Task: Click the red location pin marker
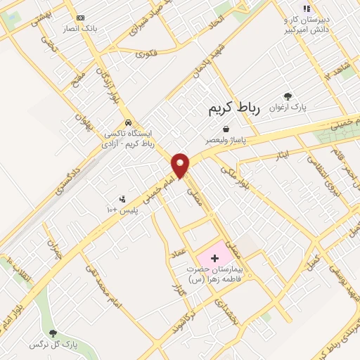pos(181,165)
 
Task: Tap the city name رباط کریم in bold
pos(234,108)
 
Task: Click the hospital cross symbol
pos(215,259)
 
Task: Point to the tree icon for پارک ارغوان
pos(287,96)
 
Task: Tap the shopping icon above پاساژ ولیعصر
pos(226,129)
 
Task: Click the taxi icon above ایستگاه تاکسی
pos(127,122)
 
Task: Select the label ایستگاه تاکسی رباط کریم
pos(128,138)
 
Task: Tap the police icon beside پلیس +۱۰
pos(123,199)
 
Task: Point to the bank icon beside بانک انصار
pos(79,18)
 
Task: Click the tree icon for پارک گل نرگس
pos(53,333)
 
